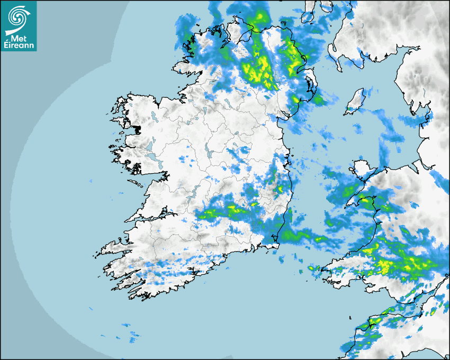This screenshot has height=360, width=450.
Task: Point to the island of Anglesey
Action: pyautogui.click(x=362, y=169)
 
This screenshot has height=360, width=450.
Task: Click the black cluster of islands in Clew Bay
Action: pyautogui.click(x=137, y=129)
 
